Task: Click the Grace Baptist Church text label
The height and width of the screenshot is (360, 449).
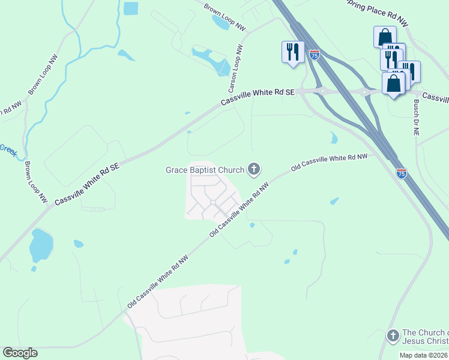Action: [x=205, y=170]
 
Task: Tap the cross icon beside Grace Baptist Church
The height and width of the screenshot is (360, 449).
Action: [x=254, y=170]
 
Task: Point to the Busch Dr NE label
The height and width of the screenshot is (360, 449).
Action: [x=415, y=118]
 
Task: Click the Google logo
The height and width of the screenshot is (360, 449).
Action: [x=20, y=353]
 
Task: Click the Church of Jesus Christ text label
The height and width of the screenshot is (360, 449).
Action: [x=425, y=337]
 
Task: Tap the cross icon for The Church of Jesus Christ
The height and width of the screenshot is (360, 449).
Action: [x=393, y=336]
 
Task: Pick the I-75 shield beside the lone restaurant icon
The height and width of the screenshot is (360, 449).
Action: [x=315, y=55]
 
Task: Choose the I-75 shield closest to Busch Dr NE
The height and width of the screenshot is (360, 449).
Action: [x=402, y=173]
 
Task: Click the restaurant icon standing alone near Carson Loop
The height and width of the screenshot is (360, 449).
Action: [x=292, y=52]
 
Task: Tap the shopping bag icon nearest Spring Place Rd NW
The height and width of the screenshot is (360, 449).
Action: [x=384, y=37]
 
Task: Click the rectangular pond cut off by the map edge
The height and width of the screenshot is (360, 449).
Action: [x=130, y=8]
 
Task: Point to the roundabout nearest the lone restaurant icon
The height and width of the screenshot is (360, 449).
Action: [x=322, y=91]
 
